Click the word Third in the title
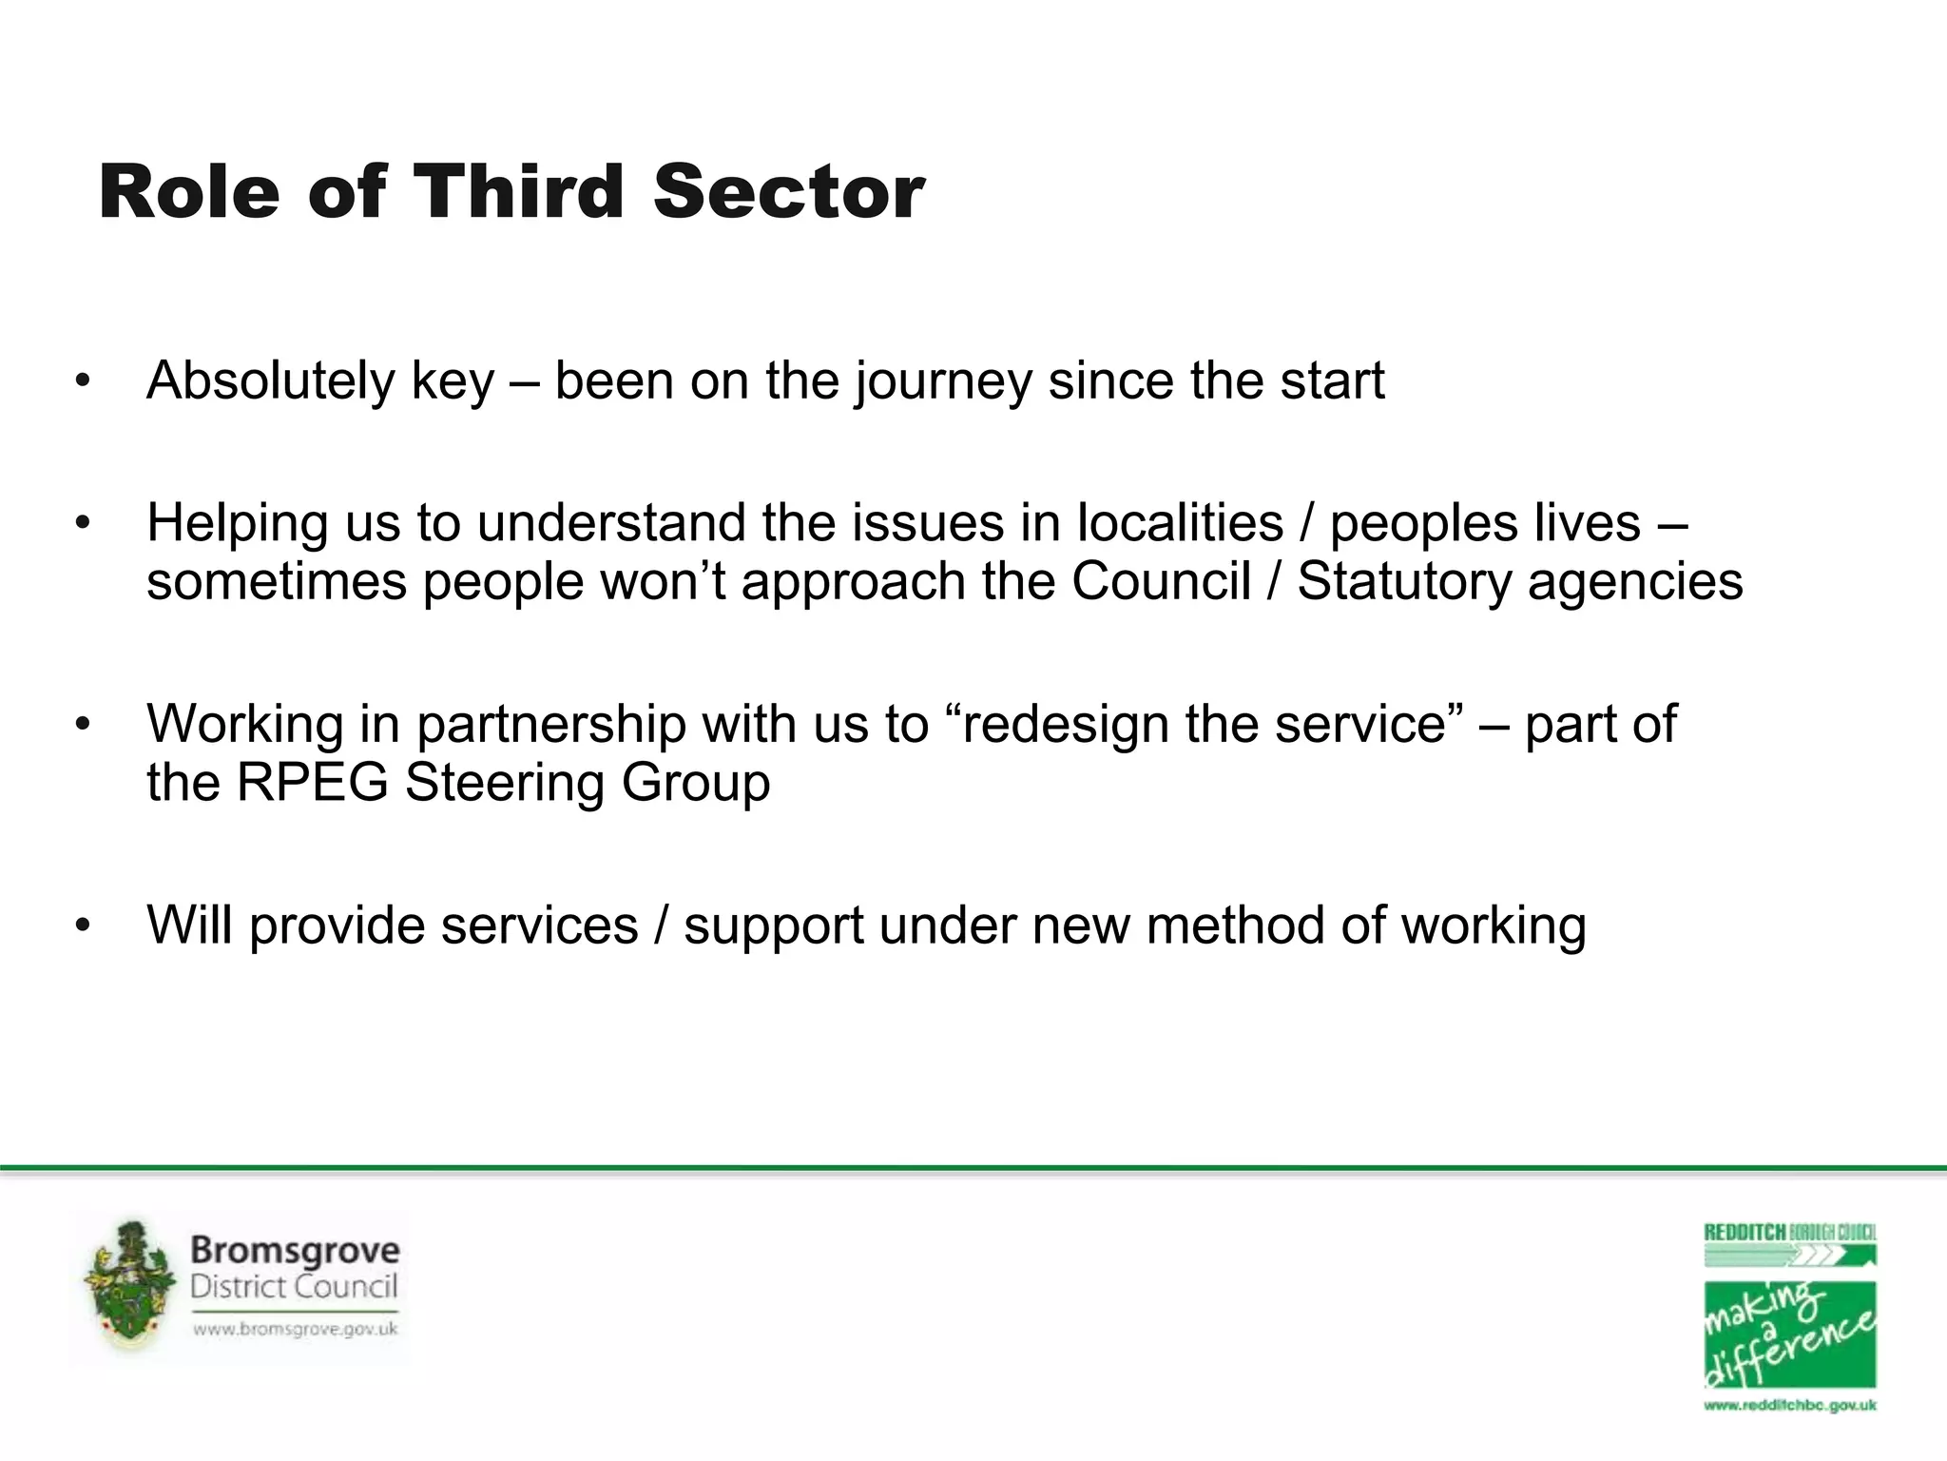point(519,192)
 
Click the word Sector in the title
point(788,192)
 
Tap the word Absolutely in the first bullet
point(270,380)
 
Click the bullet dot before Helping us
point(84,523)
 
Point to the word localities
point(1180,523)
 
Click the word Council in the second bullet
point(1161,581)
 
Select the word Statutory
point(1403,581)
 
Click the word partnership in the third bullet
point(551,725)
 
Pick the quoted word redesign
point(1065,725)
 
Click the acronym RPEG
point(312,783)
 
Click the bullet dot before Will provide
point(84,925)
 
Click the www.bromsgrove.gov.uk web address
point(295,1329)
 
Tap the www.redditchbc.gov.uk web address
point(1789,1405)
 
